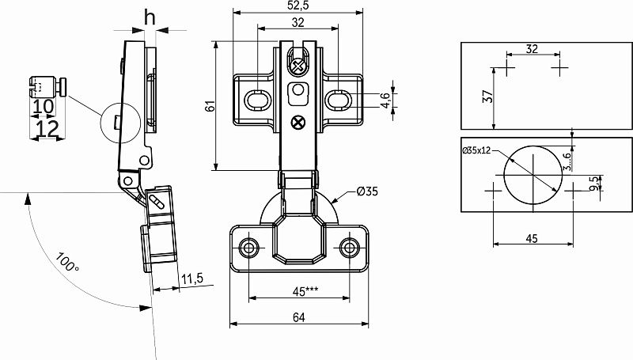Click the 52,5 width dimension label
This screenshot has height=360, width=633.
point(298,6)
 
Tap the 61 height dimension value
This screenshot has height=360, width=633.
point(210,106)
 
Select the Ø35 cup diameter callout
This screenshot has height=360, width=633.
point(367,191)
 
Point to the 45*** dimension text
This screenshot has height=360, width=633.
point(305,291)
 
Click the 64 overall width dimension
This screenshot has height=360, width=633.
point(299,317)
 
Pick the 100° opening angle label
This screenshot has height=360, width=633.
point(67,263)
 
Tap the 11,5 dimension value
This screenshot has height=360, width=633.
point(192,279)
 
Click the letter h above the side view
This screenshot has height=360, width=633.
point(150,17)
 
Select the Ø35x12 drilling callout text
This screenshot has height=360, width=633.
point(476,150)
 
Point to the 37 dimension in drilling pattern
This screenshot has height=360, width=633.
point(487,96)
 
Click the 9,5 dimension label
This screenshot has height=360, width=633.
point(594,184)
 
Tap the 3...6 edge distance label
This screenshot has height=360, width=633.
point(567,161)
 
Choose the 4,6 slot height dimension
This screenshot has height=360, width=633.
point(385,100)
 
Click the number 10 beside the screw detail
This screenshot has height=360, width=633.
point(44,107)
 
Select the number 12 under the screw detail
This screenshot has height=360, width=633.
point(47,129)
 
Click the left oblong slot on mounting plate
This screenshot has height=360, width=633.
point(257,100)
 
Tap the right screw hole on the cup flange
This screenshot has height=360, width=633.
point(349,247)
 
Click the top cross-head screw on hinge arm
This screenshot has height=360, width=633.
point(298,66)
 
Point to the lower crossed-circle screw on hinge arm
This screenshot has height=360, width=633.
point(298,123)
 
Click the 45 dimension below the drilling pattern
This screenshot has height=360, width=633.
point(532,238)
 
